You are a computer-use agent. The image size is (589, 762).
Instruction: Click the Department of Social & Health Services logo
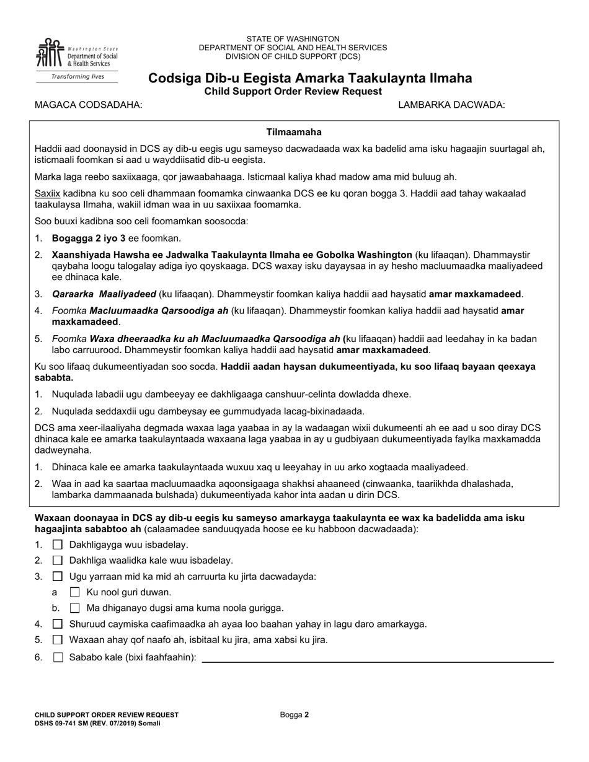point(77,54)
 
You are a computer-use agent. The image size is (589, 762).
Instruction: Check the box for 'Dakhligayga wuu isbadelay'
point(58,545)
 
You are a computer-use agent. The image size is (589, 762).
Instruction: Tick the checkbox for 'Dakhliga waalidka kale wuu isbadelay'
point(58,561)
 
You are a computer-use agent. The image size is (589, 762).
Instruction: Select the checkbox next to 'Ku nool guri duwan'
point(75,592)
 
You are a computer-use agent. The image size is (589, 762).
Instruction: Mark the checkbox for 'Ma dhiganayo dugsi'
point(75,608)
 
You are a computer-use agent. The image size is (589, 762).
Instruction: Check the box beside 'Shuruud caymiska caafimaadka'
point(58,624)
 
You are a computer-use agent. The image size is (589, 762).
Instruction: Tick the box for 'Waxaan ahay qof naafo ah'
point(58,640)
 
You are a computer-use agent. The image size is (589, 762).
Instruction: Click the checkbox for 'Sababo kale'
point(58,658)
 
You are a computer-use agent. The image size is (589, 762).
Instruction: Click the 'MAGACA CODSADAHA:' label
point(88,105)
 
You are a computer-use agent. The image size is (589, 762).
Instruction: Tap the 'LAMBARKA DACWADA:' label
point(451,105)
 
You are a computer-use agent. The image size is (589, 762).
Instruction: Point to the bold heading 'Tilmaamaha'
point(294,132)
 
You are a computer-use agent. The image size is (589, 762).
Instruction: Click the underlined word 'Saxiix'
point(47,194)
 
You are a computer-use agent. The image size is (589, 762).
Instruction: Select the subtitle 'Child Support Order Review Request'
point(293,92)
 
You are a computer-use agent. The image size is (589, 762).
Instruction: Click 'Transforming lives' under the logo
point(77,77)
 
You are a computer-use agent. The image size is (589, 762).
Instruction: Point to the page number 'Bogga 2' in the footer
point(294,714)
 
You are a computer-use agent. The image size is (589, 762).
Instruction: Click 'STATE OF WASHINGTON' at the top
point(293,38)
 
